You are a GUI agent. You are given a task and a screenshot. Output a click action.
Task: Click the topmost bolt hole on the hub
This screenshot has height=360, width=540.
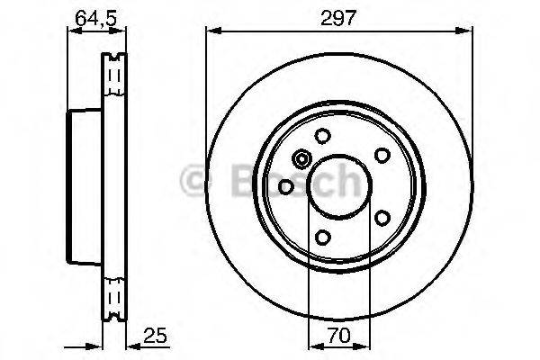pyautogui.click(x=321, y=137)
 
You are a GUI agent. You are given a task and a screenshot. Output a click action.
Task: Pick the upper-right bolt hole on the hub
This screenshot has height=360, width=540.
pyautogui.click(x=381, y=154)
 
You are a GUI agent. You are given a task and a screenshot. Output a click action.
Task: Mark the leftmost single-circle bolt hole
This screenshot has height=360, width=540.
pyautogui.click(x=285, y=186)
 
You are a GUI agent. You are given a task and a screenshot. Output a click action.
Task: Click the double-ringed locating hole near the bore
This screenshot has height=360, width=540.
pyautogui.click(x=301, y=161)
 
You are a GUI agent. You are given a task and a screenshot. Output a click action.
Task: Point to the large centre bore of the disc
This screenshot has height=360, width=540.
pyautogui.click(x=338, y=186)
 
